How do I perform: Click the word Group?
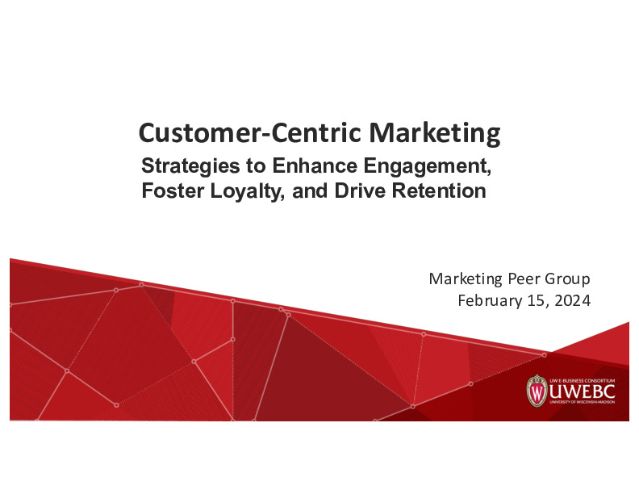tap(569, 279)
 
